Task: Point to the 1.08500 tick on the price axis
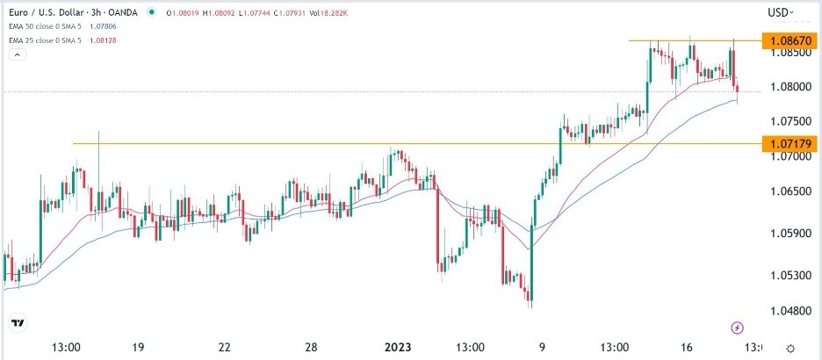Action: click(x=787, y=53)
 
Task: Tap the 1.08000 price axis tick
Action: click(x=787, y=88)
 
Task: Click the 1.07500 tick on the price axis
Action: click(x=787, y=121)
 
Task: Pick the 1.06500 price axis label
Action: click(x=787, y=191)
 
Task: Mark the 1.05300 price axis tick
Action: click(x=787, y=275)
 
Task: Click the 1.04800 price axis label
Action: click(x=787, y=311)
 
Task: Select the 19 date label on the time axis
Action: click(x=139, y=348)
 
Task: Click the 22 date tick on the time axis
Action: click(x=225, y=348)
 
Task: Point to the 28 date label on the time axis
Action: click(x=312, y=348)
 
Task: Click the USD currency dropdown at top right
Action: click(x=780, y=12)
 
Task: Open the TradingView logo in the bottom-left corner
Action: click(x=19, y=325)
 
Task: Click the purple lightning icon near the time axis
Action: click(x=738, y=328)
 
